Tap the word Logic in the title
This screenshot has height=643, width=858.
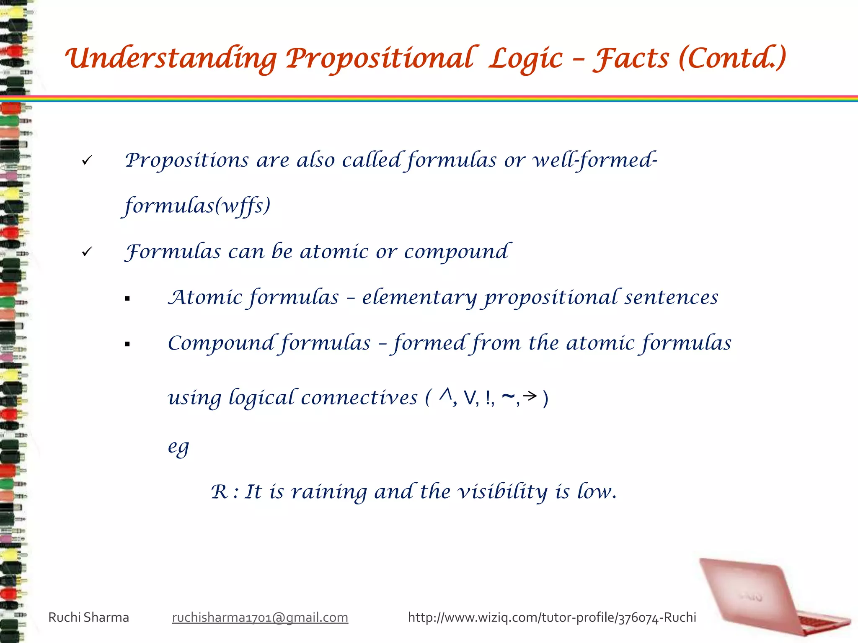pos(526,59)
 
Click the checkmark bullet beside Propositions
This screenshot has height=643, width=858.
pos(87,160)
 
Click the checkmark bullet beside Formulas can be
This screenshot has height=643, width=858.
pos(87,252)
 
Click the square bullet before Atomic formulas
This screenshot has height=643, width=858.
pos(127,299)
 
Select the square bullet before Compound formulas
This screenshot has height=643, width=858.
pos(127,345)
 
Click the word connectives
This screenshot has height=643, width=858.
pos(359,397)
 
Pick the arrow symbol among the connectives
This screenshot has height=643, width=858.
pos(530,396)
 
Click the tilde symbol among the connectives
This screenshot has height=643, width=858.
pos(508,396)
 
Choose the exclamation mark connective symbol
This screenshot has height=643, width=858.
pos(488,398)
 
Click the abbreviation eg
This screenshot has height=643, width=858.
pos(178,447)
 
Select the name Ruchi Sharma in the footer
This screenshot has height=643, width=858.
pos(88,617)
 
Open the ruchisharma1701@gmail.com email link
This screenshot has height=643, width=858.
pos(260,617)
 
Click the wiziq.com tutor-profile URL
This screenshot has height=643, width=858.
pos(552,617)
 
